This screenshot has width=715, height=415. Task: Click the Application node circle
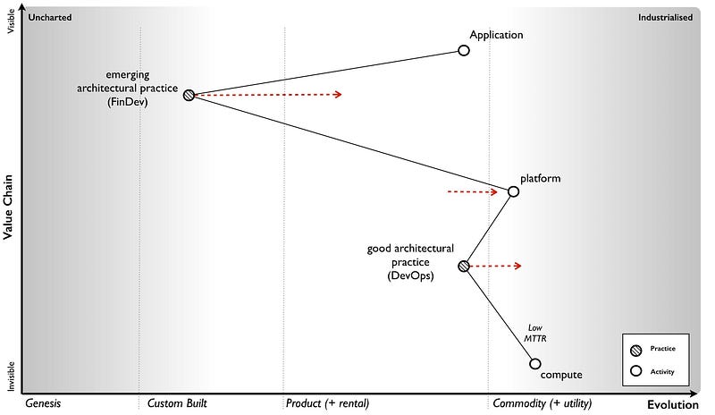pyautogui.click(x=463, y=50)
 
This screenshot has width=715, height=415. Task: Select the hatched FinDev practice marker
pyautogui.click(x=189, y=95)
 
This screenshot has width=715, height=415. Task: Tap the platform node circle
pyautogui.click(x=513, y=191)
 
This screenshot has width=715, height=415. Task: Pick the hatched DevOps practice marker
pyautogui.click(x=463, y=266)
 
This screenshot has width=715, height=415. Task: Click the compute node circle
pyautogui.click(x=534, y=363)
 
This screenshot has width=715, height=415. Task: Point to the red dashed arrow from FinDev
pyautogui.click(x=268, y=94)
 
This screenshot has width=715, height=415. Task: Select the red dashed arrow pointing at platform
pyautogui.click(x=472, y=191)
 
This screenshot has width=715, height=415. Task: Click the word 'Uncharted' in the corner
pyautogui.click(x=50, y=17)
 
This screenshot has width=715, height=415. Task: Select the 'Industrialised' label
pyautogui.click(x=665, y=17)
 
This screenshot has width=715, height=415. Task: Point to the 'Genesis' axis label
pyautogui.click(x=43, y=403)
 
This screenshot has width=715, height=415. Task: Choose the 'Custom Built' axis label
pyautogui.click(x=177, y=403)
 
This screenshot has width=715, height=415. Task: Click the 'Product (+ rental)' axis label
pyautogui.click(x=327, y=403)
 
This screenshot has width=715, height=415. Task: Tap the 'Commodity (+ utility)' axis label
pyautogui.click(x=543, y=403)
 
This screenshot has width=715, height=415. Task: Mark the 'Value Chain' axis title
pyautogui.click(x=8, y=207)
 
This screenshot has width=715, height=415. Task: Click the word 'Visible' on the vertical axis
pyautogui.click(x=12, y=21)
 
